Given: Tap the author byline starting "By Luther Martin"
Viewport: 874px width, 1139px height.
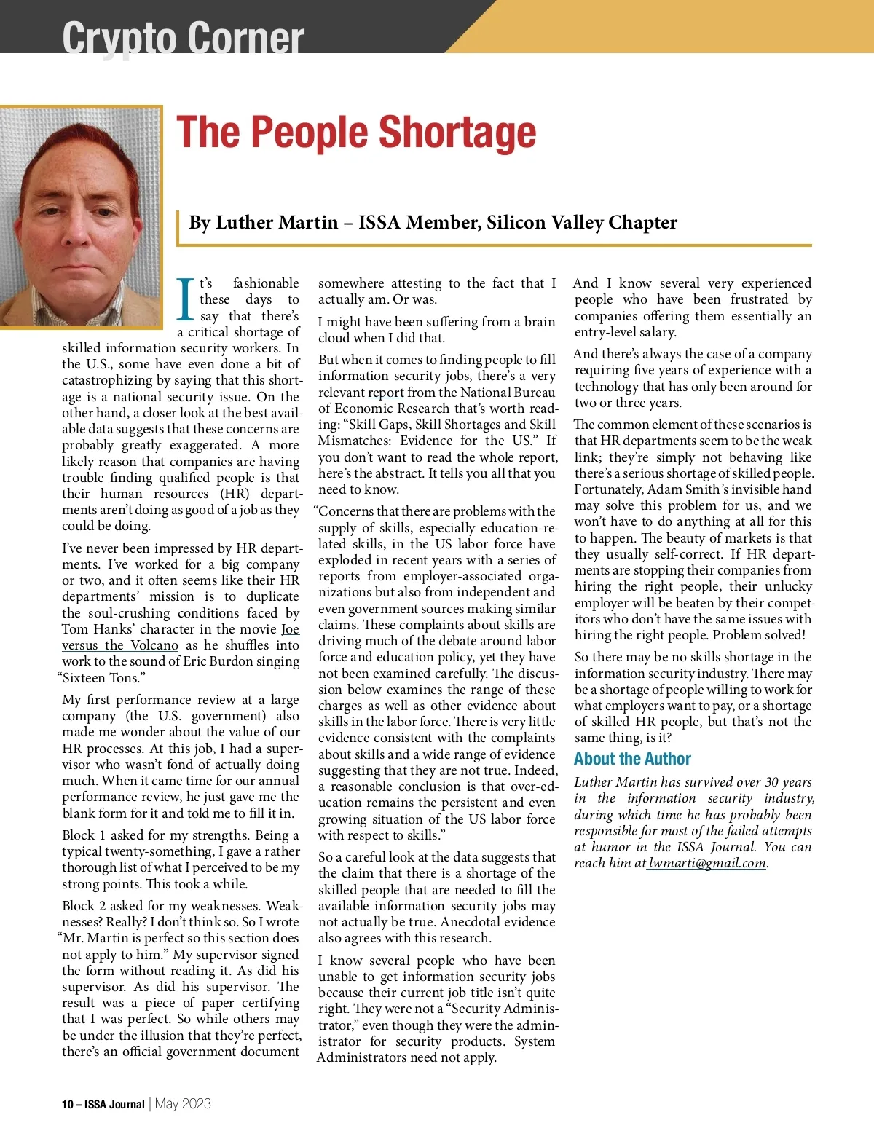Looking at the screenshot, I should click(x=433, y=223).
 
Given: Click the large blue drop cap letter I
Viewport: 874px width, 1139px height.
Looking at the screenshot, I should click(x=186, y=299).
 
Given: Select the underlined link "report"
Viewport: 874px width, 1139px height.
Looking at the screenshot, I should click(x=385, y=393).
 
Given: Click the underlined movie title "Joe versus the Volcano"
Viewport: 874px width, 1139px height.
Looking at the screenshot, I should click(x=120, y=645).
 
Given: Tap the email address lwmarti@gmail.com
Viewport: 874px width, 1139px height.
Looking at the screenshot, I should click(x=707, y=864).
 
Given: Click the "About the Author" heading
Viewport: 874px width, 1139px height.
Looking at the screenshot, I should click(x=632, y=759).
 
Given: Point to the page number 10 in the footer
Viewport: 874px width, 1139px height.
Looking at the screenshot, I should click(x=67, y=1104).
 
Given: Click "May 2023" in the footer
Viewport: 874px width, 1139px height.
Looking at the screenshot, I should click(x=183, y=1103).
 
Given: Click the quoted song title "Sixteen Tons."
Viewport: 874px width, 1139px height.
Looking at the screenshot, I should click(x=102, y=678).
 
